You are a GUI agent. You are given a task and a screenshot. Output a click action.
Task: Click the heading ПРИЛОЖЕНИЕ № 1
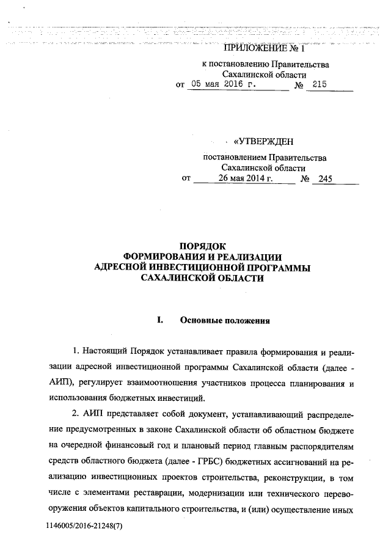[x=265, y=48]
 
